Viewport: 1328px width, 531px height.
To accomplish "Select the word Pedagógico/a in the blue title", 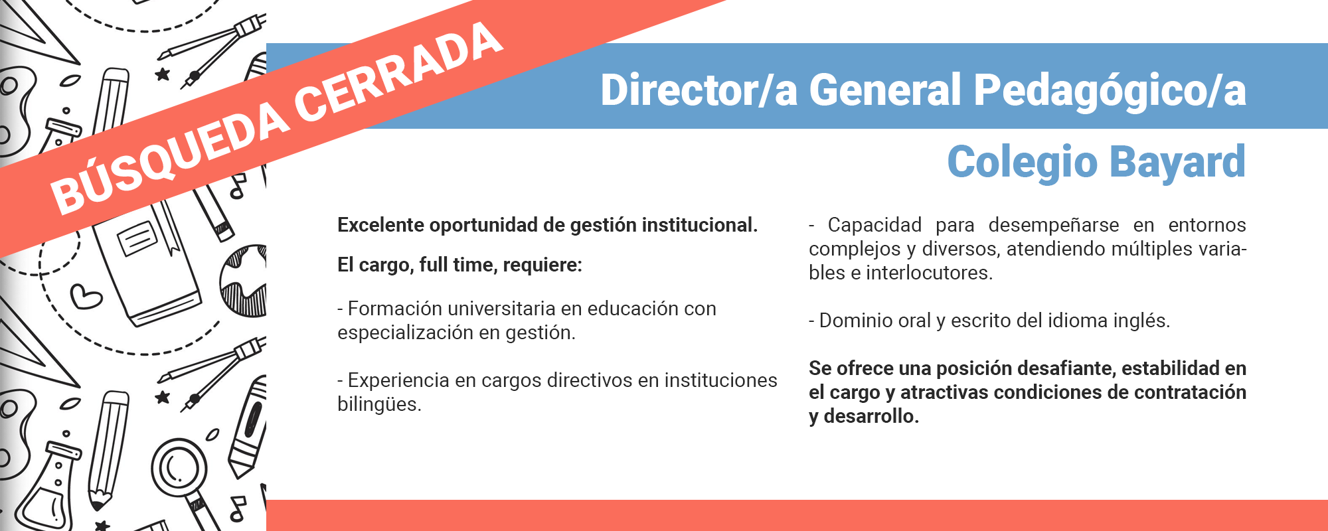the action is (1110, 91).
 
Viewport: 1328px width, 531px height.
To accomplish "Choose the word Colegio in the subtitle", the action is (1023, 163).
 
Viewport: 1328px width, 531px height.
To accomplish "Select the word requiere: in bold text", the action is (542, 265).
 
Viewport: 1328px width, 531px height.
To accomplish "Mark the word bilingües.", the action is (379, 405).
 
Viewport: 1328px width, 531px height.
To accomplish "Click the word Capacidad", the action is (874, 226).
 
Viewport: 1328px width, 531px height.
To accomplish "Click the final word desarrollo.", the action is (871, 416).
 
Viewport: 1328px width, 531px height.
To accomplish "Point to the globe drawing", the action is (244, 281).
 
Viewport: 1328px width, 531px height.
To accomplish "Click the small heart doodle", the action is (86, 296).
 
